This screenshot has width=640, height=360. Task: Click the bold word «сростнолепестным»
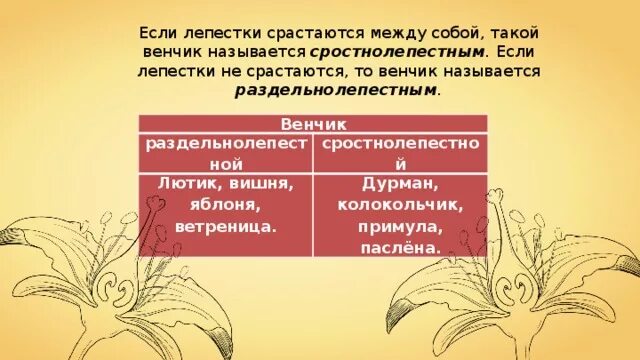pyautogui.click(x=397, y=51)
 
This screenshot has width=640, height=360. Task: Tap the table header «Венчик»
pyautogui.click(x=311, y=123)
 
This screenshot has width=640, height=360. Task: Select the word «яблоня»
pyautogui.click(x=211, y=205)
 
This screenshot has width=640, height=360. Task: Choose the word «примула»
pyautogui.click(x=399, y=228)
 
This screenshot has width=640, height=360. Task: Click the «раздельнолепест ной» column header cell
pyautogui.click(x=225, y=152)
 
